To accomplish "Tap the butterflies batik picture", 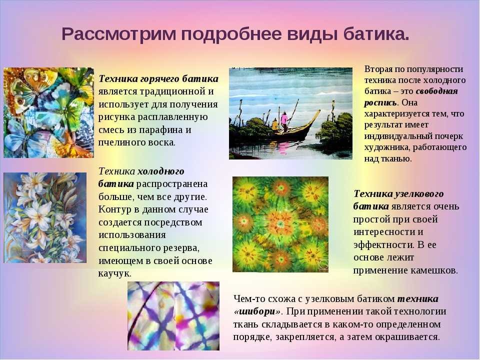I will tap(48, 112).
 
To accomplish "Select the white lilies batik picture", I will tap(44, 217).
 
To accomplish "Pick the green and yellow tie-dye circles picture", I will tap(280, 224).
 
